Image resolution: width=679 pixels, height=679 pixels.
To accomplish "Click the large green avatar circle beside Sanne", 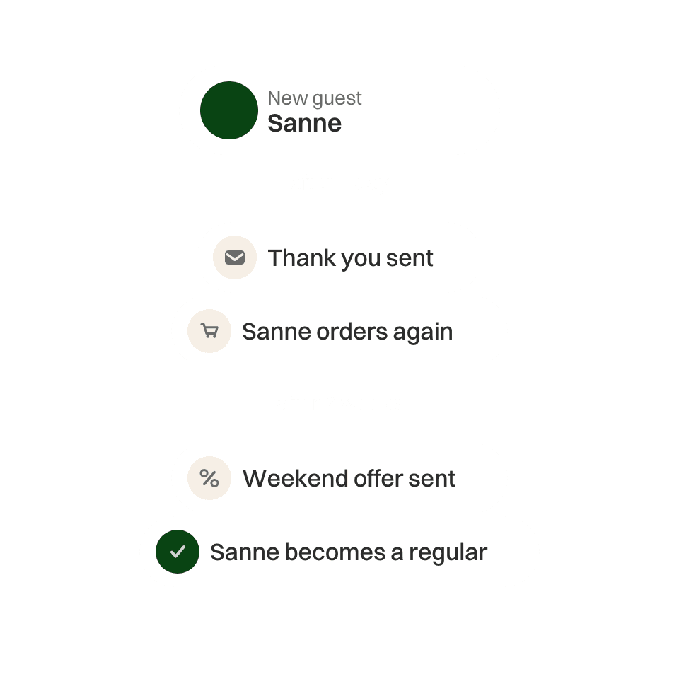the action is pos(229,110).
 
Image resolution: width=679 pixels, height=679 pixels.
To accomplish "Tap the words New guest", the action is pos(314,99).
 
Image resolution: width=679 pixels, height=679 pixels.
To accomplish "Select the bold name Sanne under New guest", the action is pos(304,123).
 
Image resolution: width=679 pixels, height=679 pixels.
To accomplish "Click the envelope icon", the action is pos(235,257).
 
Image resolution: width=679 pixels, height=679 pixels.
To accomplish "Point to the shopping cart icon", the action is pos(209,331).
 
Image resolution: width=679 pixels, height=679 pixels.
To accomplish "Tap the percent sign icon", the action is pos(209,478).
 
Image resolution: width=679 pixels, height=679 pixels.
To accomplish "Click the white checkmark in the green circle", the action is pos(178,552).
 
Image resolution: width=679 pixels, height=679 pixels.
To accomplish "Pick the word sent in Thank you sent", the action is pos(410,258).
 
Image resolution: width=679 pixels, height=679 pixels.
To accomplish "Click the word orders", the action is pos(352,332).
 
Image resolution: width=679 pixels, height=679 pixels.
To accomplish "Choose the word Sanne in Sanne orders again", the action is pos(277,332).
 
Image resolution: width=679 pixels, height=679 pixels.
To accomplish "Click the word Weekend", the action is pos(296,479).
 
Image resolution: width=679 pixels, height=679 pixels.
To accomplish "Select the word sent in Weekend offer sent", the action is pos(431,479).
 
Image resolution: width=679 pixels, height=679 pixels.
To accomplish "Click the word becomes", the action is pos(335,552).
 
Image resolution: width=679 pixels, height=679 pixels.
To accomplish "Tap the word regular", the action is pos(448,553).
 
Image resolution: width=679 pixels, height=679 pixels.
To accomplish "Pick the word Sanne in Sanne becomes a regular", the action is pos(245,552).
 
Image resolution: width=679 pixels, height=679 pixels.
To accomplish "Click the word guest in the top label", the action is pos(337,100).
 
